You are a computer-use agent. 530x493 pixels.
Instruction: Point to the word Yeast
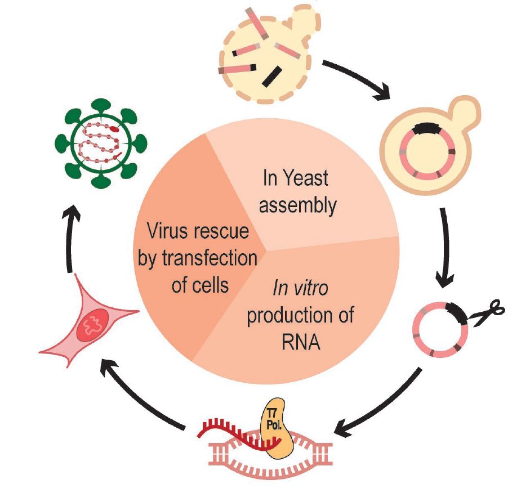(x=305, y=179)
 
